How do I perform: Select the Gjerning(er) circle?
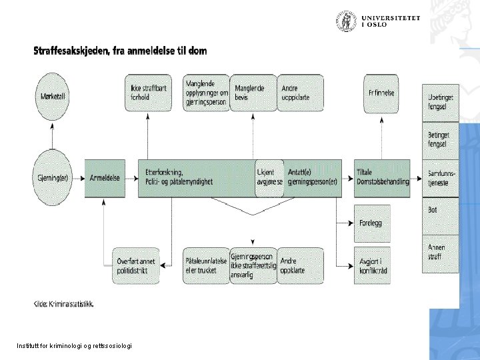point(51,177)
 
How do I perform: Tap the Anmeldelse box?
point(105,178)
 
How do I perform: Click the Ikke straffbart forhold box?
point(147,93)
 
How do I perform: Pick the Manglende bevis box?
point(252,93)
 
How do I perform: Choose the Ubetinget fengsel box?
point(440,102)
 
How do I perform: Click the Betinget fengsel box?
point(440,140)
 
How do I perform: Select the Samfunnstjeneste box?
point(440,178)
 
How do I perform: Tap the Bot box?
point(440,215)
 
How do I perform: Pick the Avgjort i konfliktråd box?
point(372,265)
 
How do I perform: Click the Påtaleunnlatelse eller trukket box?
point(204,265)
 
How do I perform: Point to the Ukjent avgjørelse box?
point(269,178)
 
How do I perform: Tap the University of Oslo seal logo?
point(346,21)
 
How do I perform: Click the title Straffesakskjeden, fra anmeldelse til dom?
point(120,51)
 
